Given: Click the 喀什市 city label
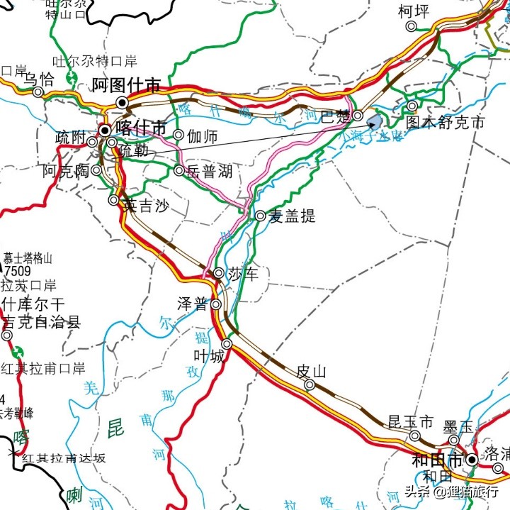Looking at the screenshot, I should coord(141,128).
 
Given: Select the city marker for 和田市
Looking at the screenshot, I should coord(471,460).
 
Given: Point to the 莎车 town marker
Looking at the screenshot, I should coord(219,273).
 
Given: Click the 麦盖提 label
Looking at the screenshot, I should coord(291,216).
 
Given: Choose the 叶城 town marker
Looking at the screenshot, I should coord(227,344).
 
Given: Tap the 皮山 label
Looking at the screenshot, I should coord(310,371).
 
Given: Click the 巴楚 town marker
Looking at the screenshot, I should coord(358,116).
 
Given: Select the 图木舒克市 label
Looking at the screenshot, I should coord(446,123).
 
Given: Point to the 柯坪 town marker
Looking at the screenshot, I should coord(411,26).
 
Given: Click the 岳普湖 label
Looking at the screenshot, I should coord(208,171).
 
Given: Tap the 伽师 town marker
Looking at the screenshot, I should coord(178,135).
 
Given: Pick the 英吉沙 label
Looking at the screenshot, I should coord(145,206).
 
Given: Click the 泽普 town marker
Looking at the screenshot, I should coord(215,305).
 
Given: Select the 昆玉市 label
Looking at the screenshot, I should coord(410,422).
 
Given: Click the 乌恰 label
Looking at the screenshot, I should coord(38,79).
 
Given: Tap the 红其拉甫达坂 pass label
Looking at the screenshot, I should coord(64,458).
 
